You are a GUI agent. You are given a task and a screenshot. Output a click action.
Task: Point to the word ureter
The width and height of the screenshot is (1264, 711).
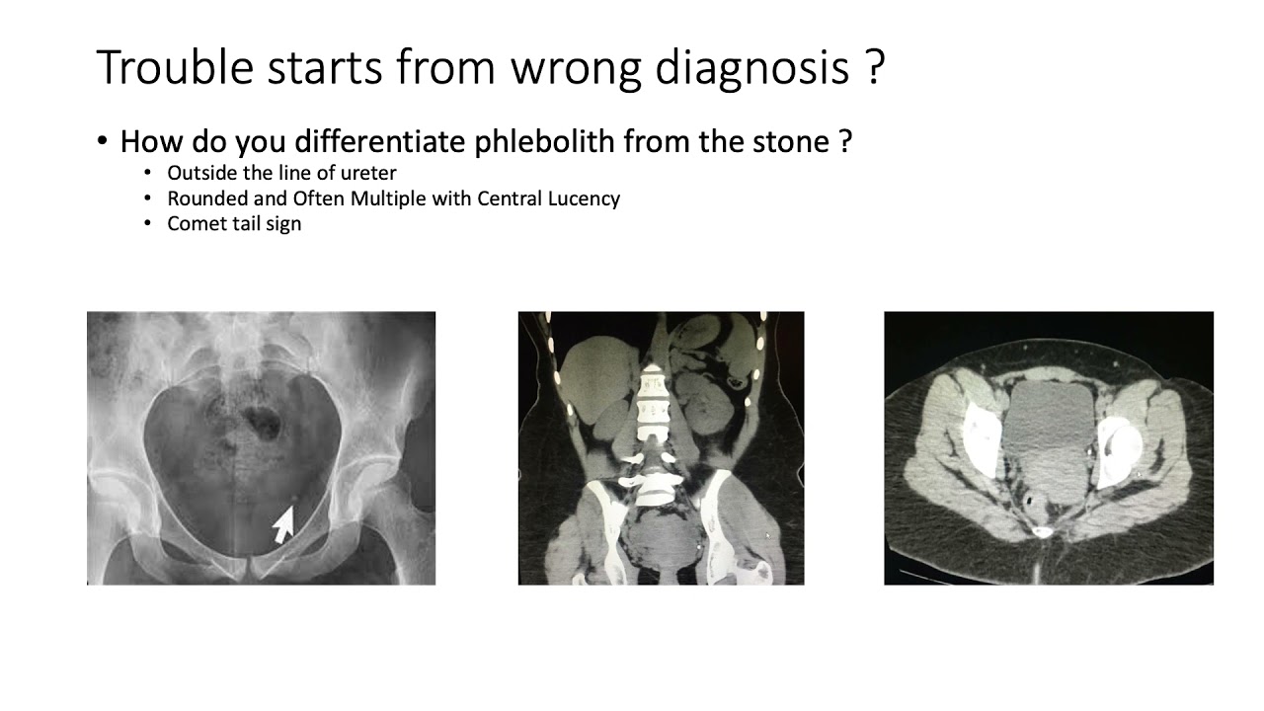tap(367, 173)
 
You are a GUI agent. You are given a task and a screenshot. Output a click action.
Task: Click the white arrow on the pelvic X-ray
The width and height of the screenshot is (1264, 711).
tap(283, 524)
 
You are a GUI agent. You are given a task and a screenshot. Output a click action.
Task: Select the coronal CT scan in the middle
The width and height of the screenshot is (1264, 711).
tap(661, 448)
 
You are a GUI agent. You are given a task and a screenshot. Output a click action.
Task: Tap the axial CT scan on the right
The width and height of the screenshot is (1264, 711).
tap(1048, 448)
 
